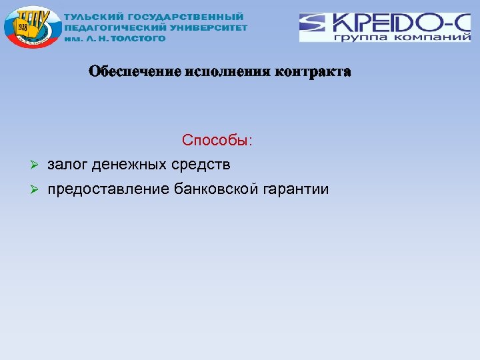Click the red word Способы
(217, 141)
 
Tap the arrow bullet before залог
(37, 164)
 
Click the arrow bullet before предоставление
(37, 190)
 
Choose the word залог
(68, 164)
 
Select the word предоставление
(109, 190)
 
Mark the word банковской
(216, 189)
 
